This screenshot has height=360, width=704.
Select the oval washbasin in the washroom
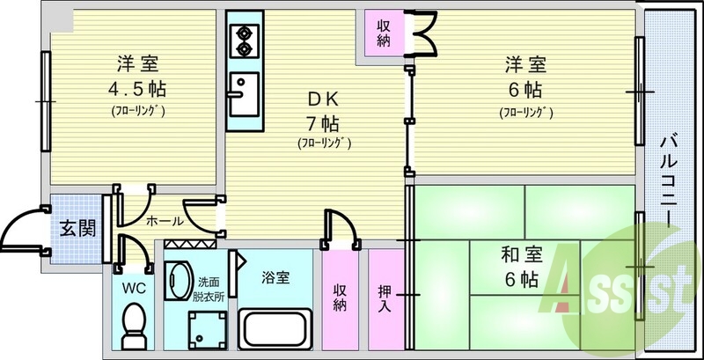point(180,281)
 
